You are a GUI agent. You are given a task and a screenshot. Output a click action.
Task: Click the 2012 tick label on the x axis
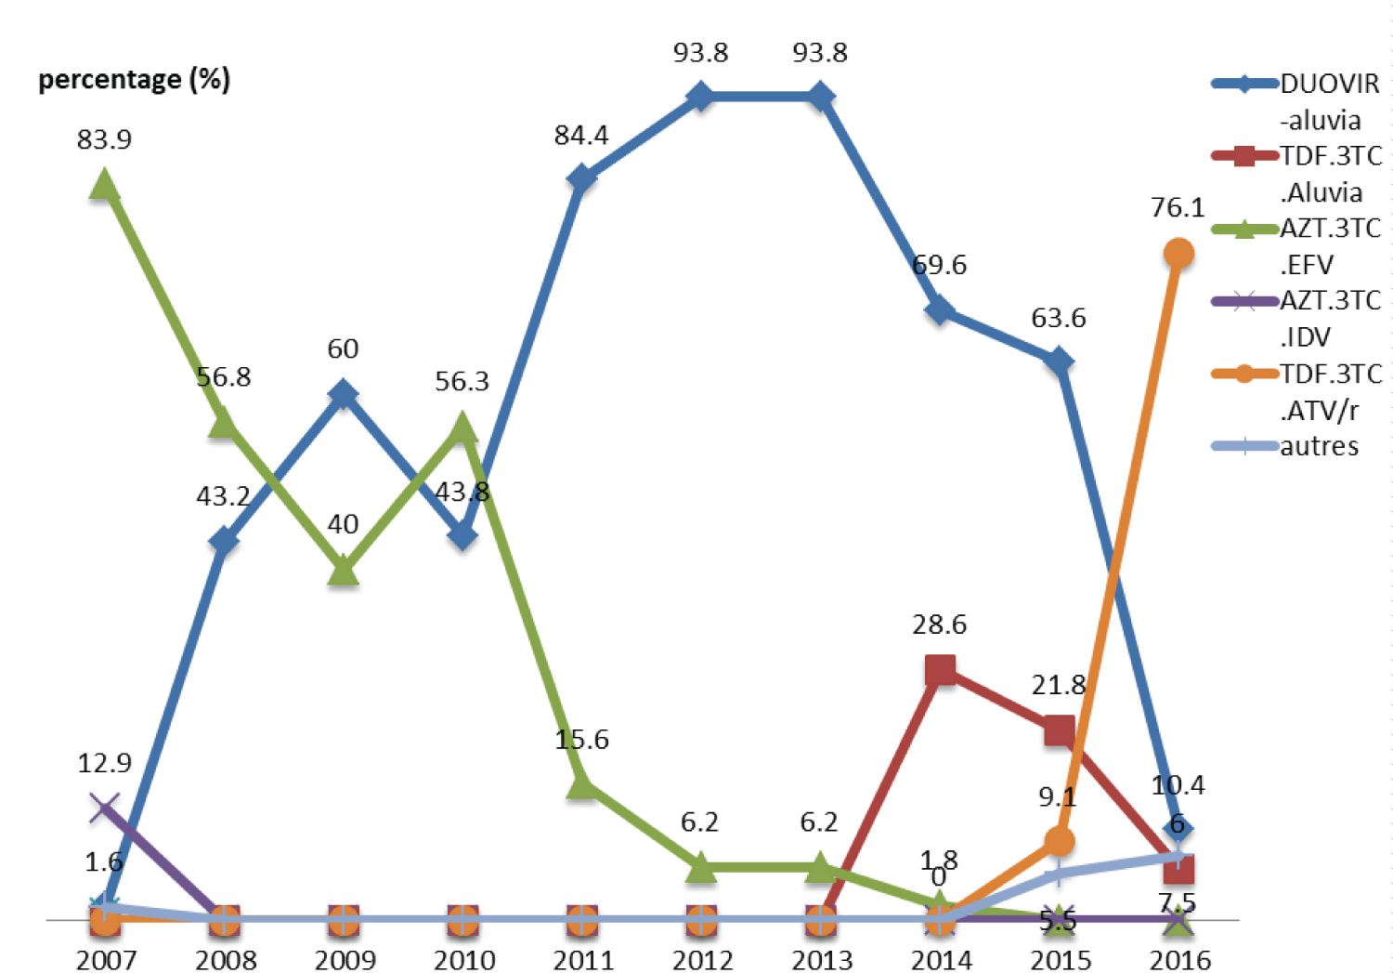click(x=702, y=959)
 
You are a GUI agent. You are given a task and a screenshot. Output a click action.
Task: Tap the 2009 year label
click(x=345, y=959)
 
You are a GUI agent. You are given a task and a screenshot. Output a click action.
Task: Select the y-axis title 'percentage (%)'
click(x=134, y=79)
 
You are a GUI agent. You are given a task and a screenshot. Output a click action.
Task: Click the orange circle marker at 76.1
click(x=1178, y=253)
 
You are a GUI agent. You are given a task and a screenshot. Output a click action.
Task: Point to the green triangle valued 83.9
click(x=104, y=185)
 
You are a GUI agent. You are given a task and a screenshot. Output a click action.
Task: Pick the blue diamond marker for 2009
click(x=344, y=394)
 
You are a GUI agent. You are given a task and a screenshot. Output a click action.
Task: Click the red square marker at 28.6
click(x=940, y=669)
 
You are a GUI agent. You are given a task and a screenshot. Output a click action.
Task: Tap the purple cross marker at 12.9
click(x=104, y=808)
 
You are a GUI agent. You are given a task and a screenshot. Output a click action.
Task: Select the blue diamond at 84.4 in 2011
click(x=581, y=178)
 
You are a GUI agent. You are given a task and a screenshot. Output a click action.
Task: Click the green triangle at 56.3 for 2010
click(x=462, y=427)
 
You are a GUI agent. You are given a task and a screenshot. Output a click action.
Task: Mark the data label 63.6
click(x=1058, y=318)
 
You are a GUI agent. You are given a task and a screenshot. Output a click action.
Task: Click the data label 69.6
click(x=939, y=265)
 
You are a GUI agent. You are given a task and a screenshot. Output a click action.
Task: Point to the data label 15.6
click(x=581, y=739)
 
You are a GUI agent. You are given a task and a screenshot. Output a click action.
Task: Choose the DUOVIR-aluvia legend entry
click(x=1296, y=100)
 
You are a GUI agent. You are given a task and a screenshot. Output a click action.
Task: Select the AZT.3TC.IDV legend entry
click(x=1296, y=318)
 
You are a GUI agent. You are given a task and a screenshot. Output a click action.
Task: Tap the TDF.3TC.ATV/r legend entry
click(x=1296, y=390)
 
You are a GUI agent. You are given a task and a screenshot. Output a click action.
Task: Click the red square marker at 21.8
click(x=1059, y=730)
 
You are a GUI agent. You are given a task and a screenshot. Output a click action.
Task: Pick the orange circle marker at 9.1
click(x=1059, y=841)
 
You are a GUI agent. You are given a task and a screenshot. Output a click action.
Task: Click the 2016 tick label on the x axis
click(x=1179, y=959)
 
